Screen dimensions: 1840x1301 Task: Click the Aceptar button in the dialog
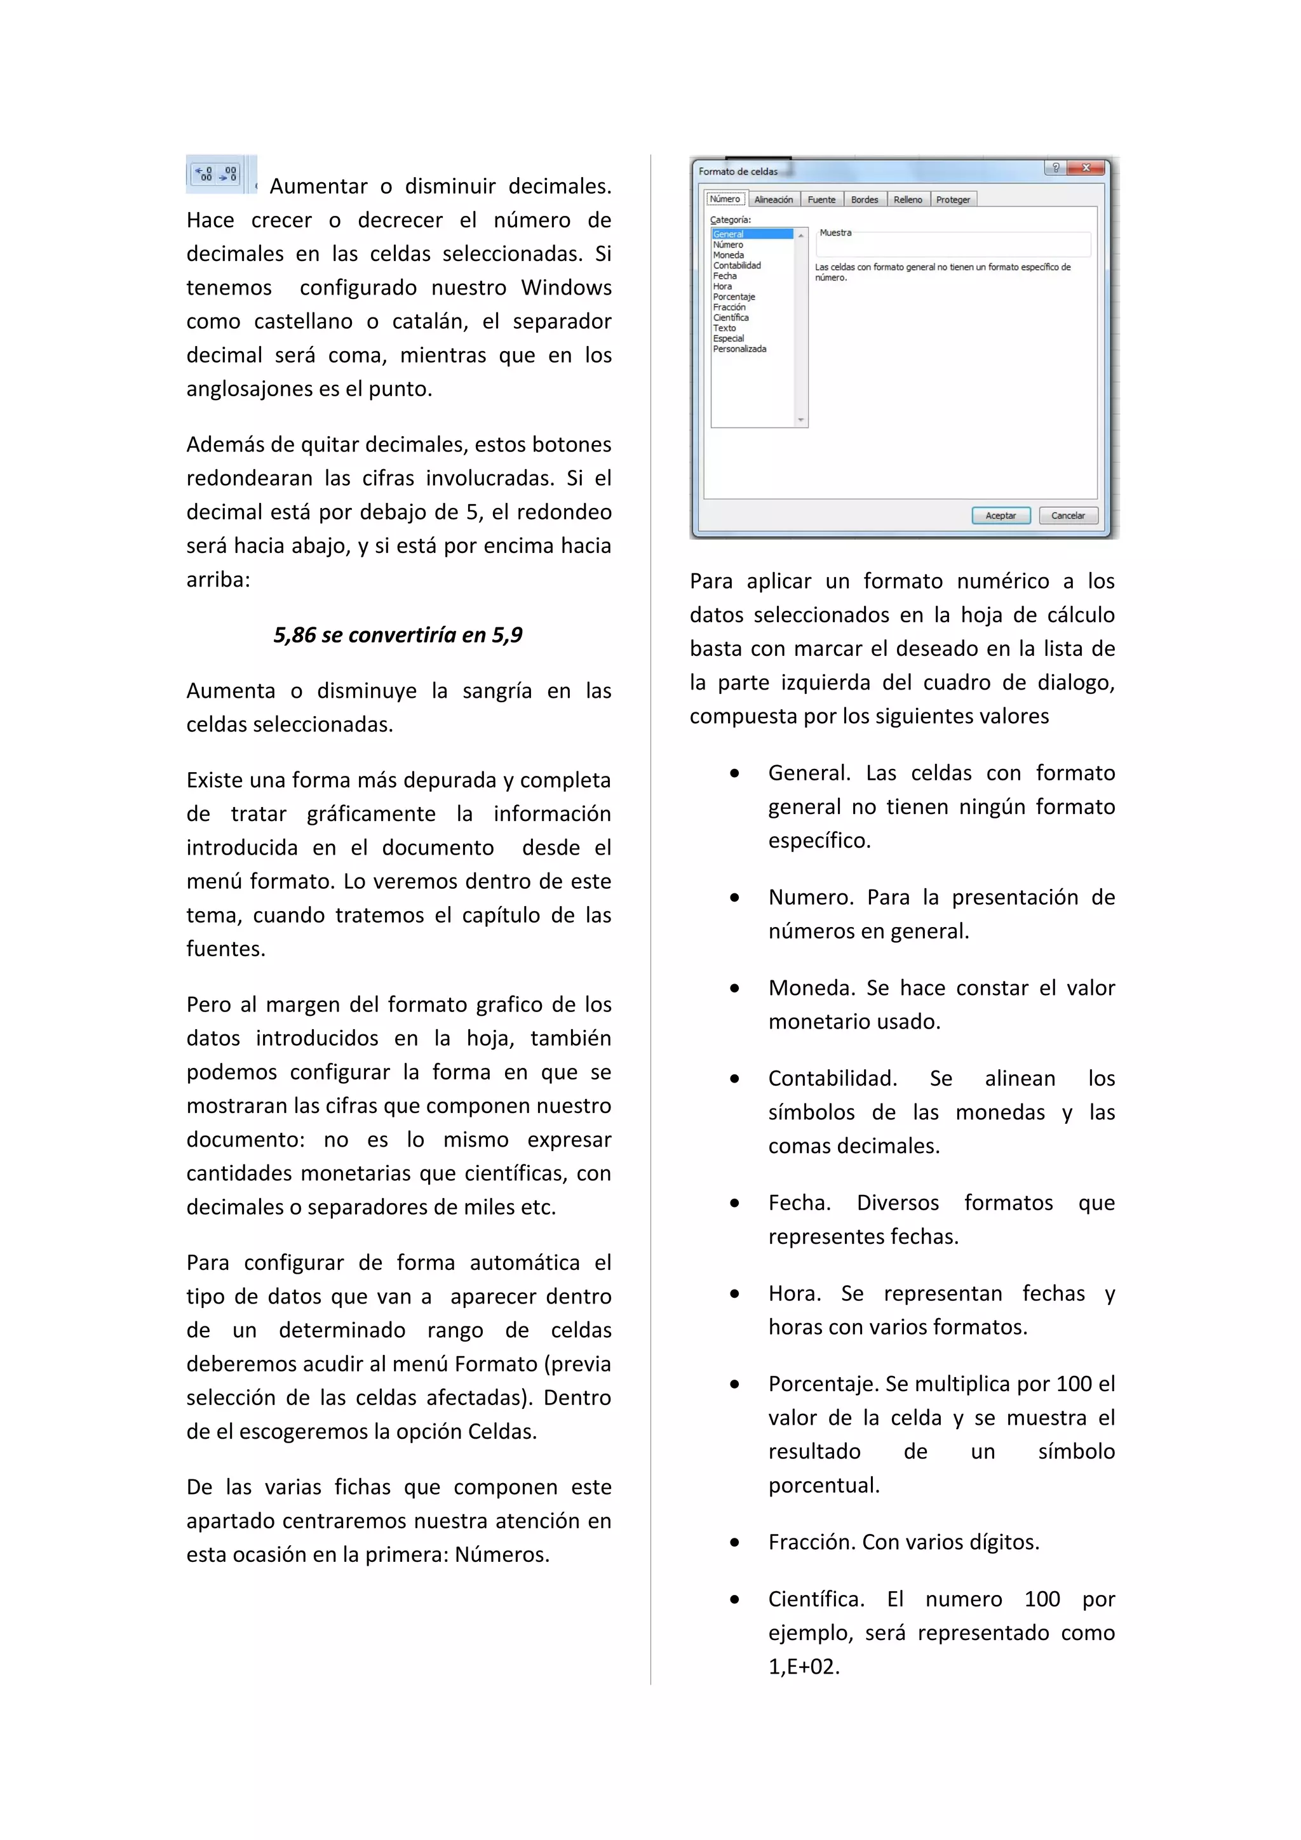1001,516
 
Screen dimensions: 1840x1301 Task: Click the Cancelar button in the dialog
1068,516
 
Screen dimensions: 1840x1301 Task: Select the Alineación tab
774,199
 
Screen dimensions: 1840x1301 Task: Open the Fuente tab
821,199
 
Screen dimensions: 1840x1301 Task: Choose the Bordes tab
864,199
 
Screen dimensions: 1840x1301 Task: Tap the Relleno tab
907,199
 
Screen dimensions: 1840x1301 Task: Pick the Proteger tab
952,199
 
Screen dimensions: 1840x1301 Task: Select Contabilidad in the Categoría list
737,265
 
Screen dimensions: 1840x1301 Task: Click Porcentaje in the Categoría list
734,297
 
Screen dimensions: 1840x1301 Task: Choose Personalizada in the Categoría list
739,349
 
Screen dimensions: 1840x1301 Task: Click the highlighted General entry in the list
729,234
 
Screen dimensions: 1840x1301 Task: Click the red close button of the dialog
1086,168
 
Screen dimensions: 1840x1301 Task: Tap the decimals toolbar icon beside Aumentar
217,174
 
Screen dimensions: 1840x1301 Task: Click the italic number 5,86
294,635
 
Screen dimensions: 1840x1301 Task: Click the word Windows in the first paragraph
566,287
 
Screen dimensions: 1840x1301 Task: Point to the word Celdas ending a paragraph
502,1431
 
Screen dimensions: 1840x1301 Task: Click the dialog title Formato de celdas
738,171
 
